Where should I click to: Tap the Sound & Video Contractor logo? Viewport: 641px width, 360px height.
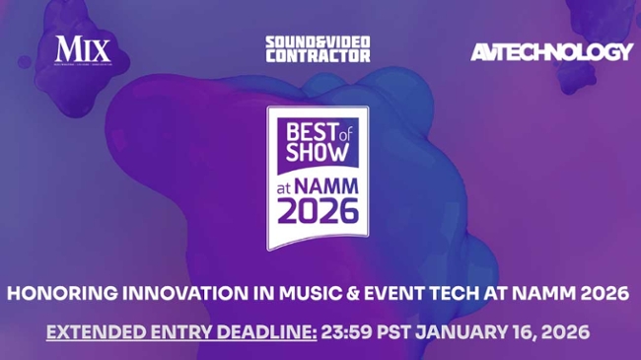coord(318,49)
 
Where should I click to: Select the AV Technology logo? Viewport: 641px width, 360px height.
coord(551,51)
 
